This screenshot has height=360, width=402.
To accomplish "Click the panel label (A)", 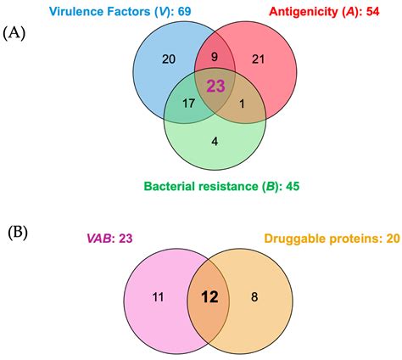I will pyautogui.click(x=18, y=36).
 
